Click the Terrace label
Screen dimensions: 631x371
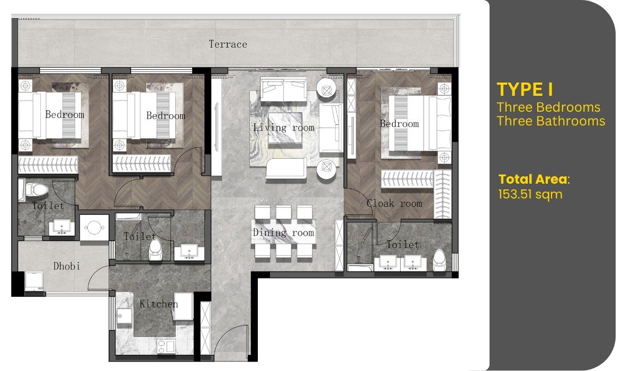click(x=228, y=44)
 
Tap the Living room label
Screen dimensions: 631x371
click(x=283, y=128)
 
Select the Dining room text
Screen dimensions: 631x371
click(x=283, y=232)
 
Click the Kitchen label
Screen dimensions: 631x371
click(x=159, y=304)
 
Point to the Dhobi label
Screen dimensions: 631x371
click(x=67, y=266)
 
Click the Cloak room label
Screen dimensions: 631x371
click(x=394, y=203)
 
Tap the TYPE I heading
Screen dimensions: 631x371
click(x=525, y=90)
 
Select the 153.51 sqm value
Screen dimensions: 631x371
click(x=530, y=194)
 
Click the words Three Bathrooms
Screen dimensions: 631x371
click(x=551, y=121)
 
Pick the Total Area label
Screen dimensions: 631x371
click(x=534, y=179)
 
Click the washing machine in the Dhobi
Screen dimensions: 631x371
click(x=34, y=281)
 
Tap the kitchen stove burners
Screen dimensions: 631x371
click(x=165, y=346)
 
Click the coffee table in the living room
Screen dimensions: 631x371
click(x=285, y=128)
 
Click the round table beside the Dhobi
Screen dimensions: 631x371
click(x=94, y=228)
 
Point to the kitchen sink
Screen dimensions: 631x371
click(x=124, y=316)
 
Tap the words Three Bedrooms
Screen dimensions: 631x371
click(x=548, y=107)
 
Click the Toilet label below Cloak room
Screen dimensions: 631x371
click(x=402, y=245)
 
